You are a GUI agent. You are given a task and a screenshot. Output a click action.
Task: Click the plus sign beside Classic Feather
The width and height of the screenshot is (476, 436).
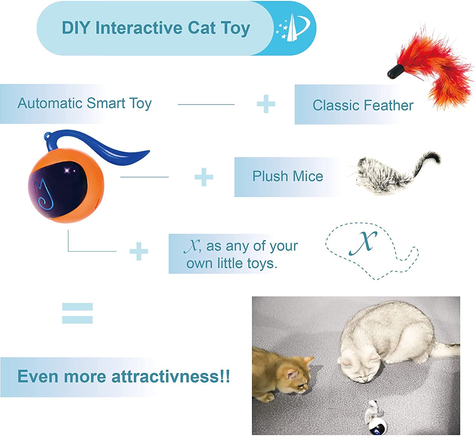(x=266, y=104)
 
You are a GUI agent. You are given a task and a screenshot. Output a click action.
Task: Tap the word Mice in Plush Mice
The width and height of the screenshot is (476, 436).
(x=308, y=176)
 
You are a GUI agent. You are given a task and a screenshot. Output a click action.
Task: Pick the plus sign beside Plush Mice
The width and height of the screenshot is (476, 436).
(x=204, y=177)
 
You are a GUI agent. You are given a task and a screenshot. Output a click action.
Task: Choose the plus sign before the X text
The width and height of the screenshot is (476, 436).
(x=139, y=251)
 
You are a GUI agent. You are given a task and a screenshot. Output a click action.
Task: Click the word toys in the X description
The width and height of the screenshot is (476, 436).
(x=261, y=263)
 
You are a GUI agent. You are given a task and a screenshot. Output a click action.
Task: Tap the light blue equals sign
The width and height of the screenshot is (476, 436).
(x=77, y=313)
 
